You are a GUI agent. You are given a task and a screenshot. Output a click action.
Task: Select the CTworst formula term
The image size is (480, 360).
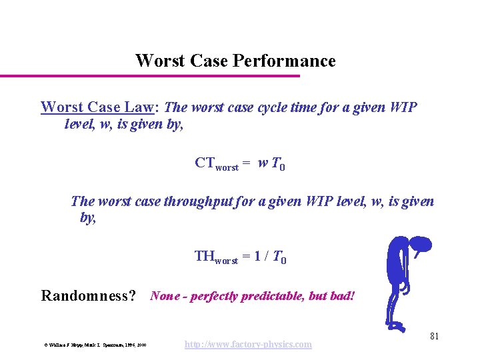(216, 164)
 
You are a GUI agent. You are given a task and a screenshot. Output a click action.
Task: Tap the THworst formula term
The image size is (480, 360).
(216, 257)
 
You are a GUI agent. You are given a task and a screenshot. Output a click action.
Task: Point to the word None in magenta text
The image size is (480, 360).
(165, 295)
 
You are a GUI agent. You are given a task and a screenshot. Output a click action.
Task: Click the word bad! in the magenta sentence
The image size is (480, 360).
(340, 295)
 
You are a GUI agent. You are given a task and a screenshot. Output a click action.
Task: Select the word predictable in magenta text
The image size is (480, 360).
(274, 295)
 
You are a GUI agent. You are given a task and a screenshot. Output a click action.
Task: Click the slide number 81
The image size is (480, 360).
(434, 336)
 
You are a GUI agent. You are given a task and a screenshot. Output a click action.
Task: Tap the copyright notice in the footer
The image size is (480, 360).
(95, 345)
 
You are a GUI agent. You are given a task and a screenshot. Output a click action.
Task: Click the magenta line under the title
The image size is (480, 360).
(150, 76)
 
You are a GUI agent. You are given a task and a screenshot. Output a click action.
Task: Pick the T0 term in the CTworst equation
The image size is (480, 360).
(279, 164)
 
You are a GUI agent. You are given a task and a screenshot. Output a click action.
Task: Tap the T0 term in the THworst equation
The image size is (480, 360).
(280, 257)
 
